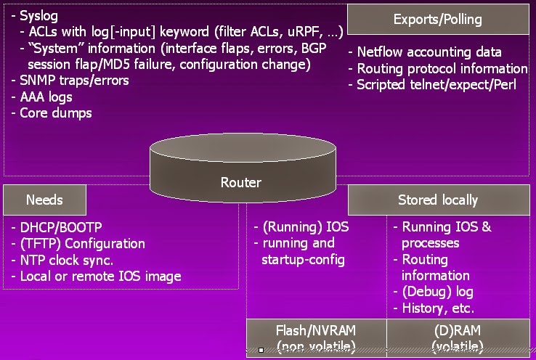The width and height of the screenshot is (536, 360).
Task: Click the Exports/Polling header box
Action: click(x=437, y=20)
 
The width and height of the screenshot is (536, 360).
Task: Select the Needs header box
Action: click(x=44, y=200)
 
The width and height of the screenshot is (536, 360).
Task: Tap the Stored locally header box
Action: click(x=437, y=200)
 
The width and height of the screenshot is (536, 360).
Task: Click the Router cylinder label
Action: click(x=240, y=182)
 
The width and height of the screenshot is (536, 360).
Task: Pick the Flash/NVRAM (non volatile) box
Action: click(x=317, y=337)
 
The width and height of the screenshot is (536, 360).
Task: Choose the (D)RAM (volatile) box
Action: click(x=458, y=337)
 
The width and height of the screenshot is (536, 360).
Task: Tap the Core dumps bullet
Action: click(x=55, y=112)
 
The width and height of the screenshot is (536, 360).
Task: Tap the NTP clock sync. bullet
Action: click(x=66, y=260)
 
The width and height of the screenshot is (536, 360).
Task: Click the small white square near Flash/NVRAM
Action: click(x=261, y=350)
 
